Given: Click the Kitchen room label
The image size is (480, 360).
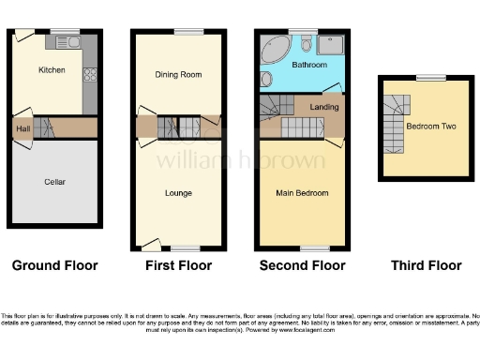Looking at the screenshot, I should [51, 70].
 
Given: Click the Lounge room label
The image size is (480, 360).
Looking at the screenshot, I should [178, 193].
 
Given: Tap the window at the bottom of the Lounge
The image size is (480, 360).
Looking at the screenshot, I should [187, 249].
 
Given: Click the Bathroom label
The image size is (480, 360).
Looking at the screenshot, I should [308, 66].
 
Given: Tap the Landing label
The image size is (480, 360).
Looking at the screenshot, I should [324, 108].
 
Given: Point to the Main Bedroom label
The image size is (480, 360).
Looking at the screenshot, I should [302, 193].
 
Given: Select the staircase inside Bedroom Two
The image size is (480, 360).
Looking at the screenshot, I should [395, 127].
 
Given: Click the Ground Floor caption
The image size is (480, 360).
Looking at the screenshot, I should [54, 265].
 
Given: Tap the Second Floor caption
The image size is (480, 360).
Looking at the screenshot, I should [303, 265].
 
